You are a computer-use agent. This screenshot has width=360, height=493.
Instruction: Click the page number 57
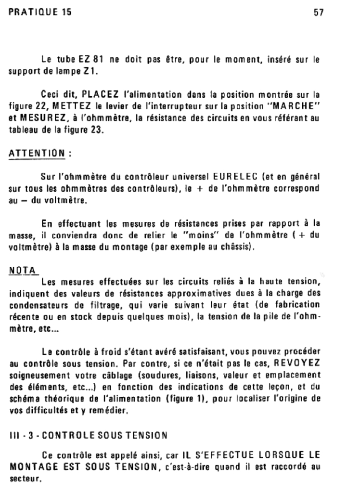318,13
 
